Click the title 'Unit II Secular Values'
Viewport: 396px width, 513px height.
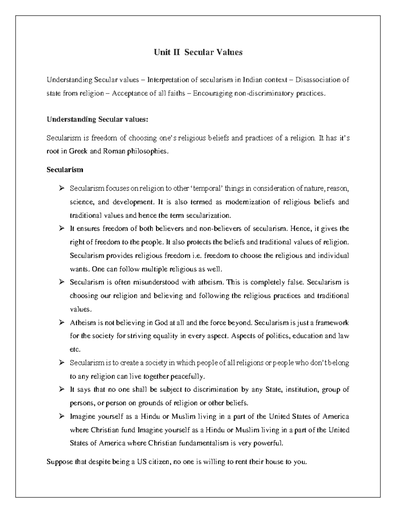click(198, 52)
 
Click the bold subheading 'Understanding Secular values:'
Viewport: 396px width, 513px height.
click(97, 119)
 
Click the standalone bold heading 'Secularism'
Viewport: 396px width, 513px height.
click(65, 170)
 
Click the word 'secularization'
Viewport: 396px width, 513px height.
click(209, 215)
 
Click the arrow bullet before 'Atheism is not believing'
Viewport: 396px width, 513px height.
click(61, 323)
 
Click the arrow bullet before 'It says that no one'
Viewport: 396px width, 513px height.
click(61, 390)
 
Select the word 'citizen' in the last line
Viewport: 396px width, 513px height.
click(158, 462)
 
